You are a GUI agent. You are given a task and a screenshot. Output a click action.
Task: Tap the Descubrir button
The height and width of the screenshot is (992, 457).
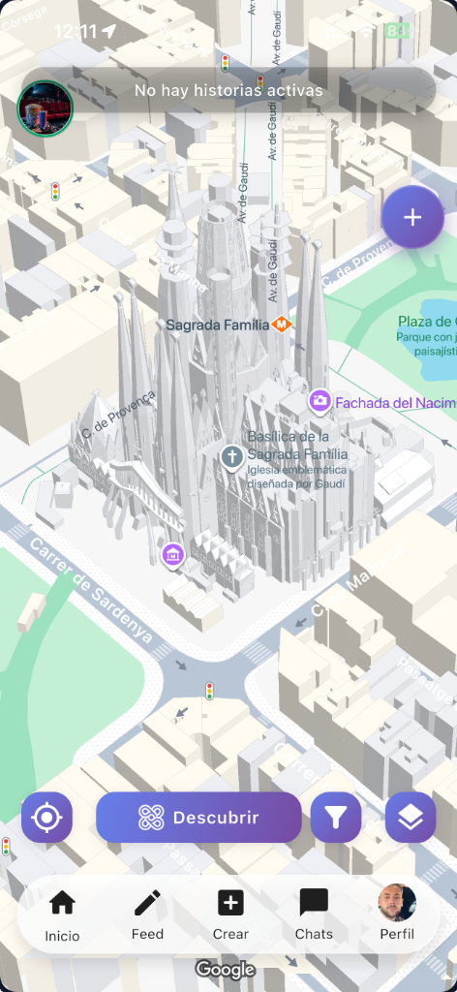point(198,818)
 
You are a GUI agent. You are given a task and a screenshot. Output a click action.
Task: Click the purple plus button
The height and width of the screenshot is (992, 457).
point(412,217)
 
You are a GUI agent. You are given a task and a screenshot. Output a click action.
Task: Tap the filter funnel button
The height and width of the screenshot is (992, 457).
point(335,818)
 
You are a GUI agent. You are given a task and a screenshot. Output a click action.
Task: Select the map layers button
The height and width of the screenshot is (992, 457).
point(411,818)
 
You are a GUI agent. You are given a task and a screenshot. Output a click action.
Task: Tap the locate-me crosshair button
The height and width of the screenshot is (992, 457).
point(46,818)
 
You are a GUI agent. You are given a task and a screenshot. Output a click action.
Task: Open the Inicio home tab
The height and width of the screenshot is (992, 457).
point(62,915)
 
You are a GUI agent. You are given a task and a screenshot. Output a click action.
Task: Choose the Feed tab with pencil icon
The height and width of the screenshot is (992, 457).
point(147,915)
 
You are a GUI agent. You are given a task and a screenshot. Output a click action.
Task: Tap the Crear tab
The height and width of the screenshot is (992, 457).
point(230,915)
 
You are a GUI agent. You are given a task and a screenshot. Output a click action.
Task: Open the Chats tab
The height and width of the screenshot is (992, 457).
point(314,915)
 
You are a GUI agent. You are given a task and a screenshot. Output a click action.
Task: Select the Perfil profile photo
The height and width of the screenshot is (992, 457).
point(397,904)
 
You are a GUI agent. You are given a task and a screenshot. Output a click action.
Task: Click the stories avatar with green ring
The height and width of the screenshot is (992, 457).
point(45,107)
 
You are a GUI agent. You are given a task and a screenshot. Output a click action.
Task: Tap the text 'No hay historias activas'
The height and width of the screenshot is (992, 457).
point(228,91)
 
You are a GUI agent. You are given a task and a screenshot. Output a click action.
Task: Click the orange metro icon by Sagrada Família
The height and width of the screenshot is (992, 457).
point(282,325)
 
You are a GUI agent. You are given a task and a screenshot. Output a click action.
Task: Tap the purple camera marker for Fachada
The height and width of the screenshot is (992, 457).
point(320,401)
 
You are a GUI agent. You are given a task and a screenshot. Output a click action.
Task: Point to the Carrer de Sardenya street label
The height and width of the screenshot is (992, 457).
point(91,590)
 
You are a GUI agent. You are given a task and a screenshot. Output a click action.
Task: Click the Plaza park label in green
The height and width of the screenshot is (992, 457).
point(427,323)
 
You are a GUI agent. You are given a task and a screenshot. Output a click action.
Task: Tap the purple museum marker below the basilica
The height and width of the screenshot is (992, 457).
point(172,555)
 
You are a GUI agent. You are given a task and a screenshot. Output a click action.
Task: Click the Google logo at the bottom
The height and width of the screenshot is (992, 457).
point(225,969)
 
